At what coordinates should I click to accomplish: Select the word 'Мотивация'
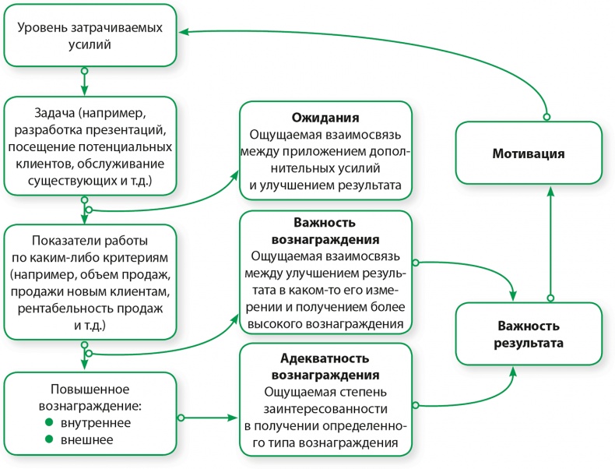coord(528,153)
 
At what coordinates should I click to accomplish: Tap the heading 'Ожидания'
coord(325,118)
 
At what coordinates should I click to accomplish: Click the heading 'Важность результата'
coord(528,333)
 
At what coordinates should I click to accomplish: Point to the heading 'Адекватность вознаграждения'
coord(325,366)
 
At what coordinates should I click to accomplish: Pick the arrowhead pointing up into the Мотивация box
coord(550,190)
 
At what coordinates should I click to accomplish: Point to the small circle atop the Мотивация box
coord(546,117)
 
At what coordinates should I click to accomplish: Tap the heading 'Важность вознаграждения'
coord(325,231)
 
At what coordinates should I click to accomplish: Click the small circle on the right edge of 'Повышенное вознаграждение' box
coord(181,418)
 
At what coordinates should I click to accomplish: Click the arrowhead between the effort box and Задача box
coord(84,89)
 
